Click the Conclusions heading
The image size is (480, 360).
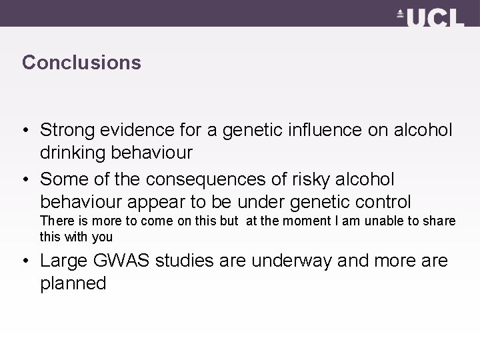tap(81, 63)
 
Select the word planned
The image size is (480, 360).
tap(73, 283)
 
